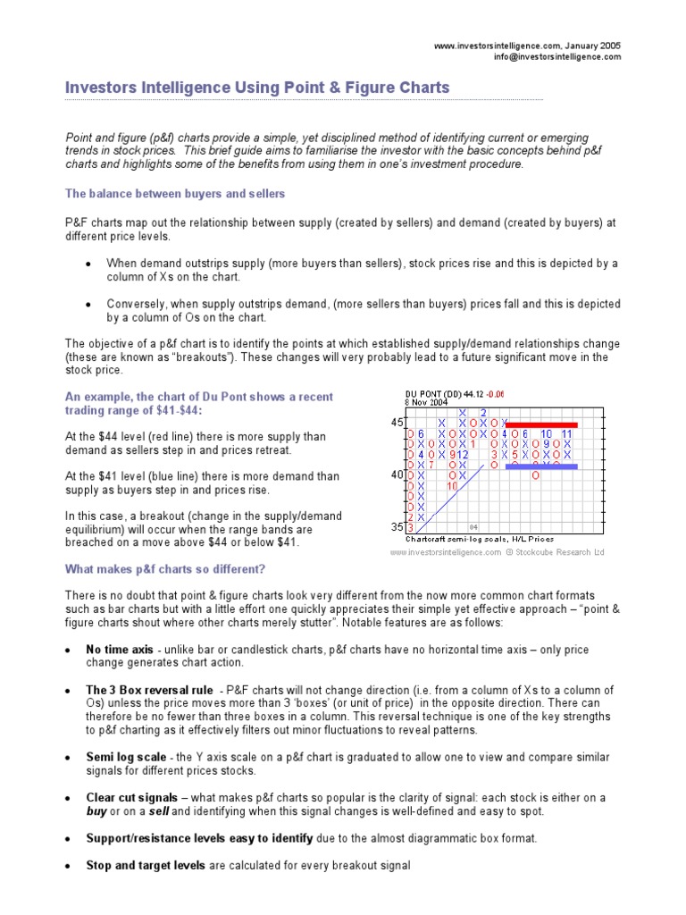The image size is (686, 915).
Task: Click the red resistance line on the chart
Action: (x=542, y=424)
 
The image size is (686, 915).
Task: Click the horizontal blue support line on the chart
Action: (x=541, y=466)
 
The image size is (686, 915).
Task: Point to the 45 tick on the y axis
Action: (x=396, y=423)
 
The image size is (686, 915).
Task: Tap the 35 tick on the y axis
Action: (x=396, y=527)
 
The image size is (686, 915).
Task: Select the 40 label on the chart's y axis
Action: (x=396, y=475)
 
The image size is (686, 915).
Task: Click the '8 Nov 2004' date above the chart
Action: (x=427, y=402)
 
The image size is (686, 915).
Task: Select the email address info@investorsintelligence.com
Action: (x=557, y=56)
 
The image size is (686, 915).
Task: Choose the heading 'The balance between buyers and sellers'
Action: (x=175, y=193)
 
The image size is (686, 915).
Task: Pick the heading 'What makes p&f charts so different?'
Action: (x=165, y=569)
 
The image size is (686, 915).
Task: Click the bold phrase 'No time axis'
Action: (x=114, y=649)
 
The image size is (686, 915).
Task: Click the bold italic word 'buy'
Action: (x=96, y=811)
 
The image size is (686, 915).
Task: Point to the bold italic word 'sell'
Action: (x=158, y=811)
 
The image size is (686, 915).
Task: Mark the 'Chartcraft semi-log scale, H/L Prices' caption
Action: (x=479, y=539)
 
